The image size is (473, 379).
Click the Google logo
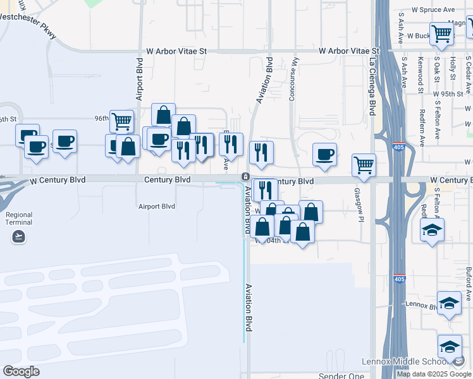pos(21,371)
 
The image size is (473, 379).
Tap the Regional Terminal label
pos(19,219)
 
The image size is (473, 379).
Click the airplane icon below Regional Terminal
pos(19,236)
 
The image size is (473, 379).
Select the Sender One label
pos(341,376)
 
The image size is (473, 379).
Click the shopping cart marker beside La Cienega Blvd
pos(364,165)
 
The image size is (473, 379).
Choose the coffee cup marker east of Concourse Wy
pos(325,155)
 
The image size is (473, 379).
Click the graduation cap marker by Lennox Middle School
pos(450,346)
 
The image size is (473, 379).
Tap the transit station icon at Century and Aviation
pos(245,176)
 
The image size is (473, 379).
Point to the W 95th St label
pos(451,93)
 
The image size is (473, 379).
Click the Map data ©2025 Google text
pos(434,374)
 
